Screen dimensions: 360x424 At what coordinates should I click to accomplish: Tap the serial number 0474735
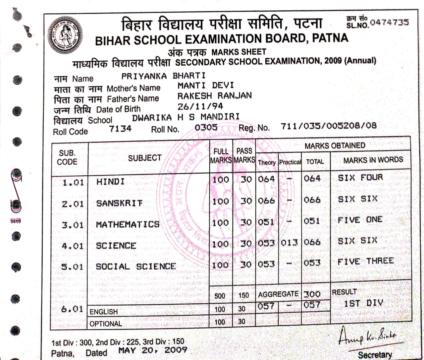[x=389, y=22]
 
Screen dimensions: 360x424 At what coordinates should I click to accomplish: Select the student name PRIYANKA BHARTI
[x=163, y=76]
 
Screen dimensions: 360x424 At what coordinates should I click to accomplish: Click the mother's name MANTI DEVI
[x=205, y=86]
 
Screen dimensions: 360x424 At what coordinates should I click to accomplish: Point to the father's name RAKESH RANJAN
[x=214, y=96]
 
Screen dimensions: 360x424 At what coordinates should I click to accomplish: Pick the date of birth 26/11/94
[x=200, y=106]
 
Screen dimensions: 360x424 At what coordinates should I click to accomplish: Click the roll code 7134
[x=120, y=129]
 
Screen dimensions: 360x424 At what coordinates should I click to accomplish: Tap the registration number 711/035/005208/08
[x=329, y=126]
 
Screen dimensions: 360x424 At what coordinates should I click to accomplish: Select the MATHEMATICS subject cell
[x=128, y=224]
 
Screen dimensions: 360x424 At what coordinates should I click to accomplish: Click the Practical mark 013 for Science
[x=290, y=243]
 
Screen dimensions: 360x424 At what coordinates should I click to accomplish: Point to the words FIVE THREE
[x=365, y=261]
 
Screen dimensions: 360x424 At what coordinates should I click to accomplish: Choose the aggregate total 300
[x=312, y=294]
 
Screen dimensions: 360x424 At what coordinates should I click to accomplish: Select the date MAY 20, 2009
[x=152, y=350]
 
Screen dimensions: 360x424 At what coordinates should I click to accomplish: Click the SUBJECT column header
[x=145, y=158]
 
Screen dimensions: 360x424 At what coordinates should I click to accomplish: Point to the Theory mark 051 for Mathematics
[x=266, y=222]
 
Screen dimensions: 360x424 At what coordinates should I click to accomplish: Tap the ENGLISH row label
[x=104, y=312]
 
